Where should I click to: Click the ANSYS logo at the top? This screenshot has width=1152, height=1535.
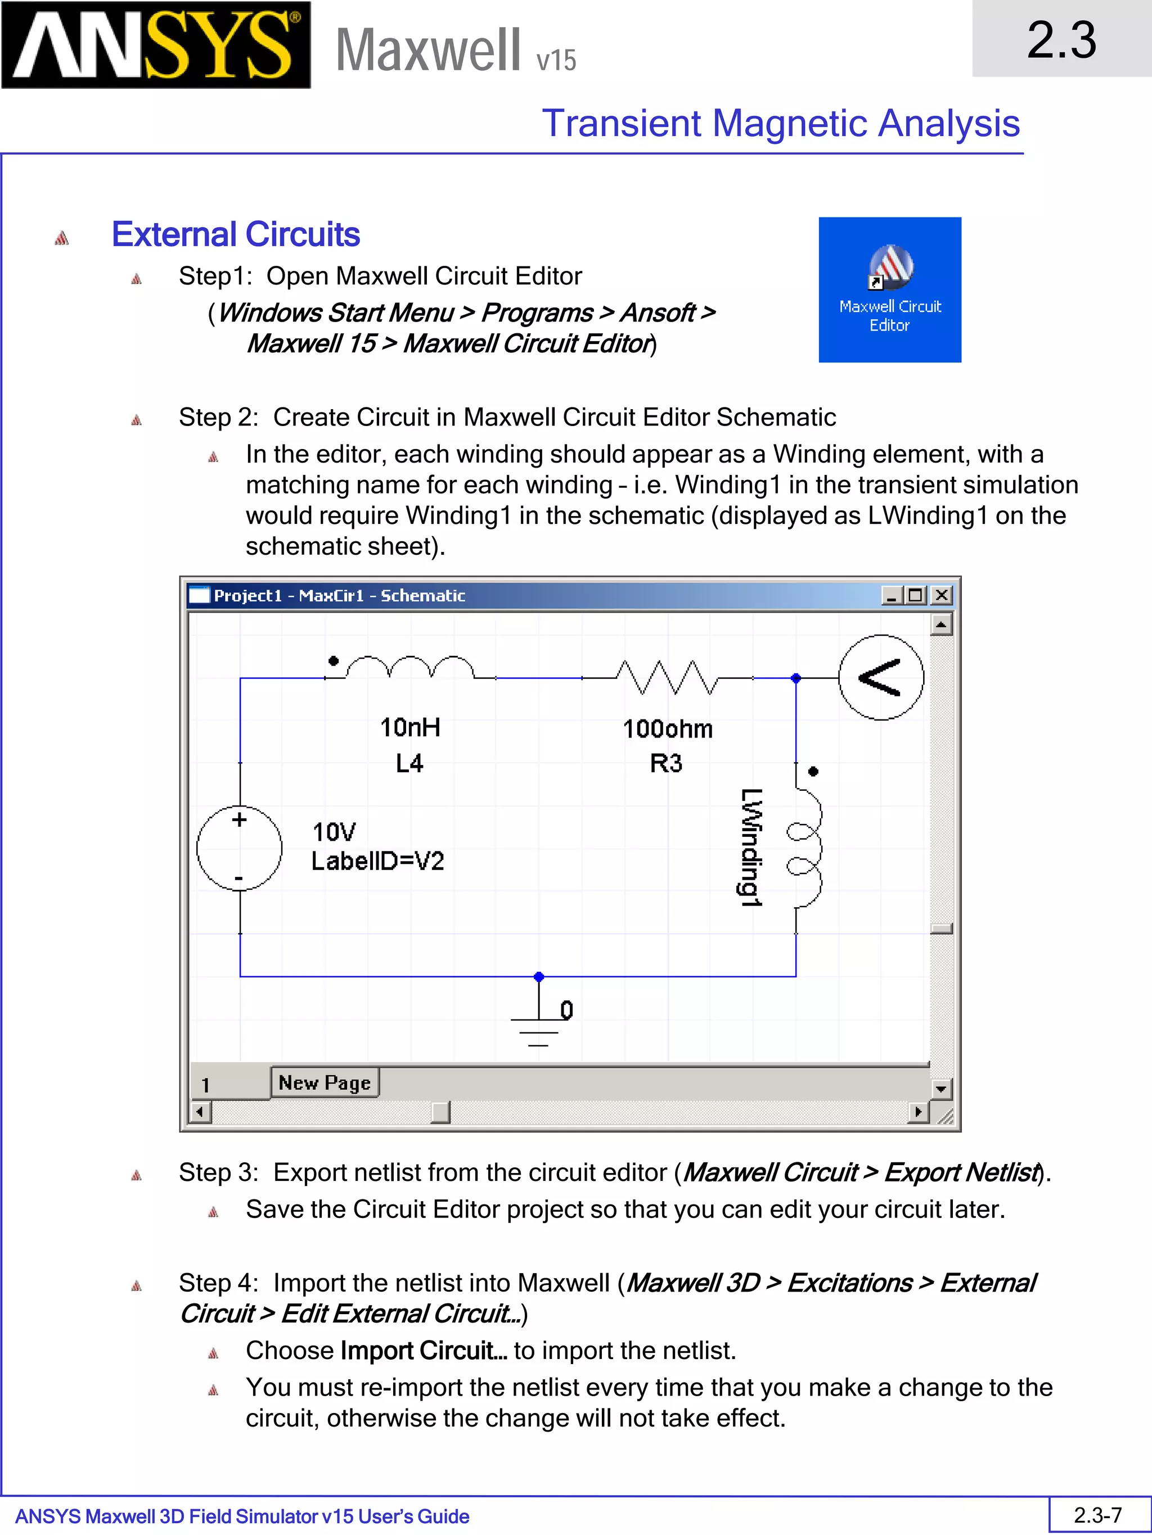pos(156,45)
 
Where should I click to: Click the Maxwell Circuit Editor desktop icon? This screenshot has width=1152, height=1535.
pos(889,289)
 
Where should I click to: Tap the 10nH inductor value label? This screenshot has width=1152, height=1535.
pos(409,727)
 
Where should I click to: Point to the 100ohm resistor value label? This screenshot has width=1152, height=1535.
pos(667,728)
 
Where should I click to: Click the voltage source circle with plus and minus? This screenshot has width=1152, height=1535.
pos(240,848)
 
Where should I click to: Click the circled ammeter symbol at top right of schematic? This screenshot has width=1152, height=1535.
pos(880,677)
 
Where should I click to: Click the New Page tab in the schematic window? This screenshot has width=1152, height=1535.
pos(325,1083)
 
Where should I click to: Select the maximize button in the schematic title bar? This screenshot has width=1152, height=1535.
pos(916,595)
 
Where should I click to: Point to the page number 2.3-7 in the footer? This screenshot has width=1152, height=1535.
pos(1098,1515)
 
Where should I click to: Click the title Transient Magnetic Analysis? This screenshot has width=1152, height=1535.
pos(781,124)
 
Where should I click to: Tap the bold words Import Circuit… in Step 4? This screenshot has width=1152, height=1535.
pos(424,1351)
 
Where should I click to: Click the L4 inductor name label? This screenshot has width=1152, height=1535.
pos(409,763)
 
